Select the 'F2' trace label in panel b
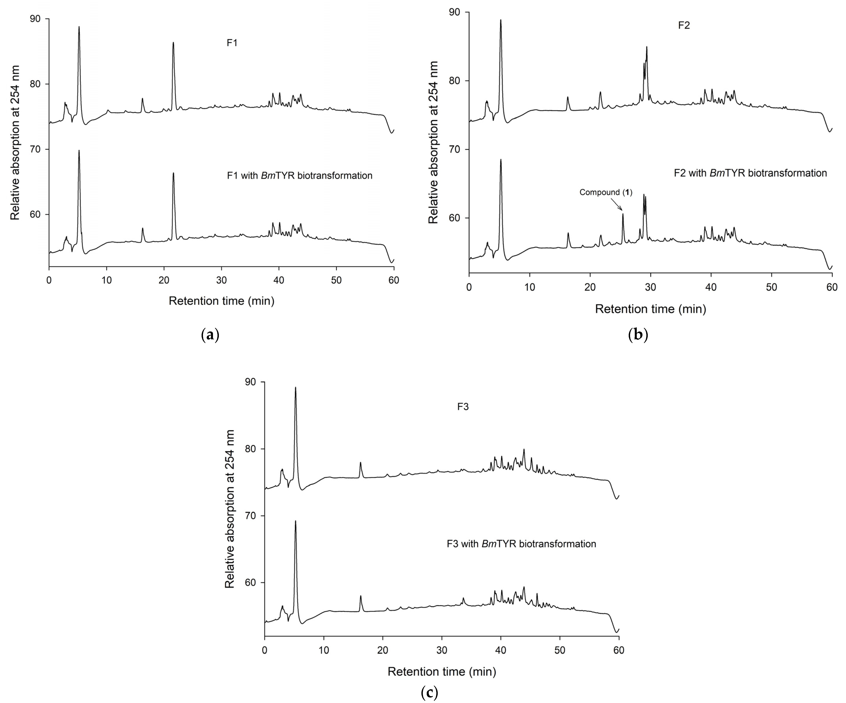684,25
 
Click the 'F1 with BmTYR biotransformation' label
299,176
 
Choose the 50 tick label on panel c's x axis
560,650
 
